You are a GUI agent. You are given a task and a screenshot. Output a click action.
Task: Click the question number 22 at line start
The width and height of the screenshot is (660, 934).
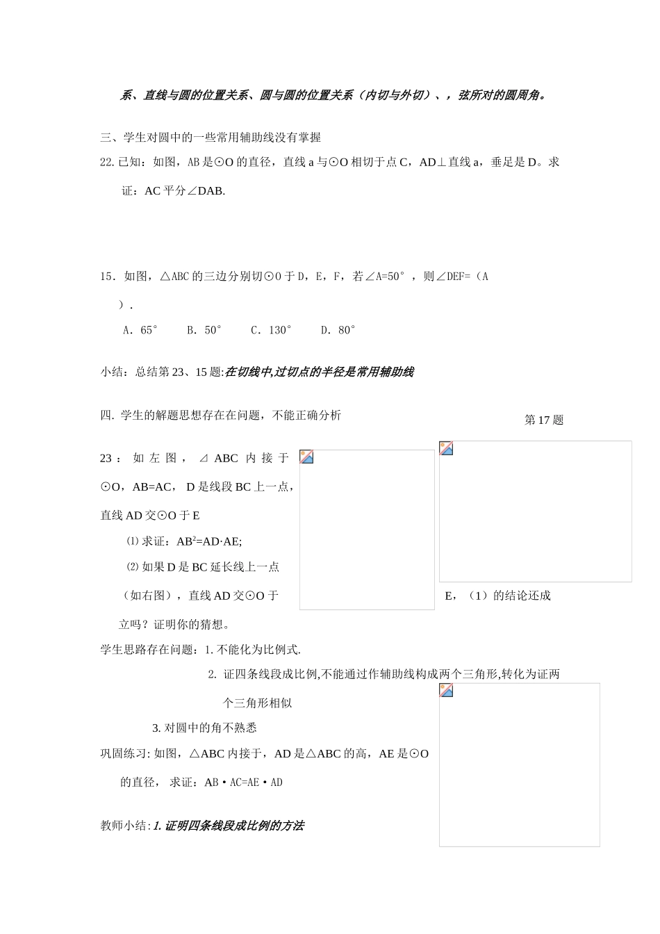107,163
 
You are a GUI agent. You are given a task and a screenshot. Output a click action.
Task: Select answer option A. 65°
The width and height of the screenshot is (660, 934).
140,330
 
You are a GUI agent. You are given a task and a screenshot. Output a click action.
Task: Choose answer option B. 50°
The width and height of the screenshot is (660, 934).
204,330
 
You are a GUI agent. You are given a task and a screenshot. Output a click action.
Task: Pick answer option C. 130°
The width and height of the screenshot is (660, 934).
271,330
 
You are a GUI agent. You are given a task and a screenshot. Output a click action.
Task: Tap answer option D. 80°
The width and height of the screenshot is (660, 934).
338,330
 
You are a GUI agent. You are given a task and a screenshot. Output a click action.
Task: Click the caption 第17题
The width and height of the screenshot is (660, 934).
544,420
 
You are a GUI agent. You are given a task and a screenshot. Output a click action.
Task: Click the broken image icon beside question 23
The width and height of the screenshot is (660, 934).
306,457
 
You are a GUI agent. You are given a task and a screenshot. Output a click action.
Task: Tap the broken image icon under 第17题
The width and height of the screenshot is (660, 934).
446,448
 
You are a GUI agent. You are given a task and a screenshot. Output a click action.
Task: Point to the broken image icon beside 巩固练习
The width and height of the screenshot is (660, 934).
446,690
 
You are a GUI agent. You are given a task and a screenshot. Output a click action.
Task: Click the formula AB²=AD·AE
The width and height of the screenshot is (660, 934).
209,541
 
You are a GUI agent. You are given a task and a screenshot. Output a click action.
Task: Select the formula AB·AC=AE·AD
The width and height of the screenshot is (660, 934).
243,783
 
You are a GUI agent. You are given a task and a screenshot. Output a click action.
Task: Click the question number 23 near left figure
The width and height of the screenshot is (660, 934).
107,458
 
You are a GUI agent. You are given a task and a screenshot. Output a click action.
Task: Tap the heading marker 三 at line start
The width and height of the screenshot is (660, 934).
106,138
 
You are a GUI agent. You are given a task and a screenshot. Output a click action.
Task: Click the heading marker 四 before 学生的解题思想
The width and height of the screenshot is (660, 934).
106,416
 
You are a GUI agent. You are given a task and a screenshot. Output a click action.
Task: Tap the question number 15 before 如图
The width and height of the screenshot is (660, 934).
107,277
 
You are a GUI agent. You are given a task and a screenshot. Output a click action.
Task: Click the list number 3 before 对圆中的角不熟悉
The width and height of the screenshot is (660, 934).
156,728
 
